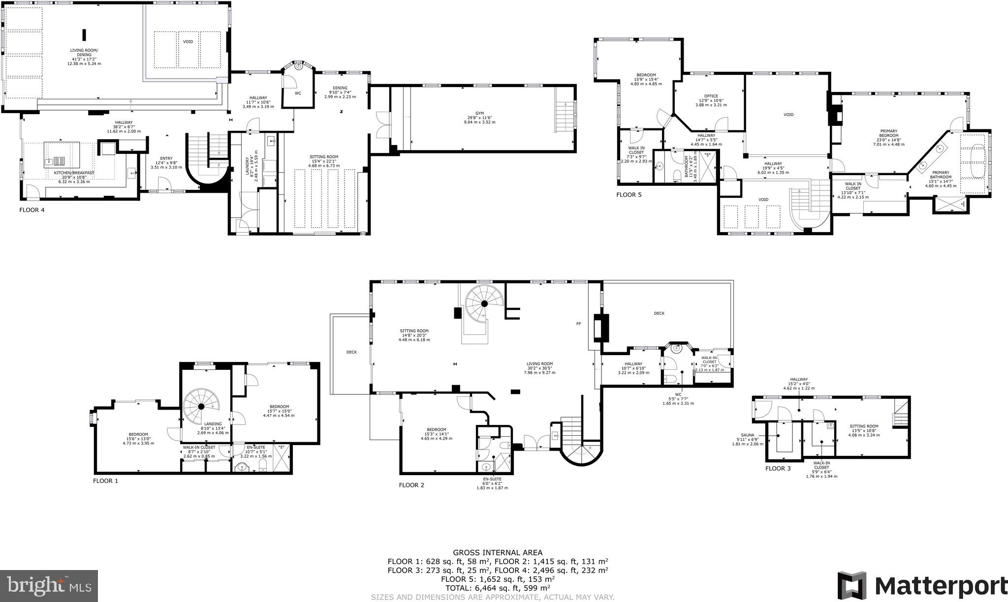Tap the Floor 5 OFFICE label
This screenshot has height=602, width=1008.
711,96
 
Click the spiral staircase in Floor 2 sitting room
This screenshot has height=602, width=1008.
484,303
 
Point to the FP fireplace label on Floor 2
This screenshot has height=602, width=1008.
579,324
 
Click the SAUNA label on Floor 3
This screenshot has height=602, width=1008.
748,435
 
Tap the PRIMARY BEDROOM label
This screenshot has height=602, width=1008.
889,136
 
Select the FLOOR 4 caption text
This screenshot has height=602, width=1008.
31,210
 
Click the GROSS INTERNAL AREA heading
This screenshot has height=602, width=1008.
498,553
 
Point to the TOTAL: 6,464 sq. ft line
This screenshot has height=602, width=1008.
498,587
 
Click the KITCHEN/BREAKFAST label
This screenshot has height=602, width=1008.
74,173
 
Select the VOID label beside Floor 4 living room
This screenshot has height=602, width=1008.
188,42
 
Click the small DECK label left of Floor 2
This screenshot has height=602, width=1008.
351,352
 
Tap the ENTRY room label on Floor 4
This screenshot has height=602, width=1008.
166,158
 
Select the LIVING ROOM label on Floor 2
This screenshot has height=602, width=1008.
540,364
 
